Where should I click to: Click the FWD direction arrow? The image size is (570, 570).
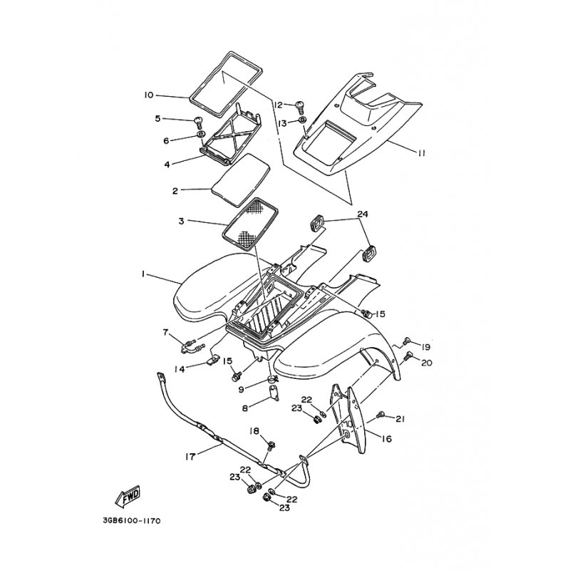[128, 496]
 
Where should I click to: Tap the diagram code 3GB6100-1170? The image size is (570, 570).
[132, 521]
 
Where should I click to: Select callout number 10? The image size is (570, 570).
[149, 95]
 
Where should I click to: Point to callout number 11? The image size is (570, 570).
[421, 153]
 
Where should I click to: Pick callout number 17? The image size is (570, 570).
[190, 457]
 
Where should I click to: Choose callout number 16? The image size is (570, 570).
[387, 439]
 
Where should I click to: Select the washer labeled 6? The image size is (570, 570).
[200, 135]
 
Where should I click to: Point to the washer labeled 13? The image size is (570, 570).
[302, 120]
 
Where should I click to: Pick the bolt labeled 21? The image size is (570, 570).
[381, 414]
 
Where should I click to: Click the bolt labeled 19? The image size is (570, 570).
[406, 341]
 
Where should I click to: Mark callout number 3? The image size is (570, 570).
[181, 221]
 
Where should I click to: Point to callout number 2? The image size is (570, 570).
[175, 190]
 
